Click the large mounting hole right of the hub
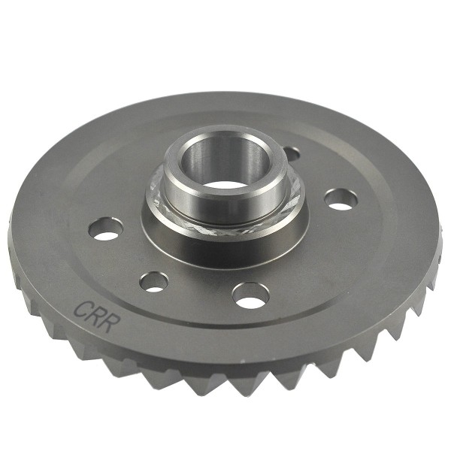coord(341,199)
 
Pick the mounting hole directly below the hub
coord(250,295)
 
